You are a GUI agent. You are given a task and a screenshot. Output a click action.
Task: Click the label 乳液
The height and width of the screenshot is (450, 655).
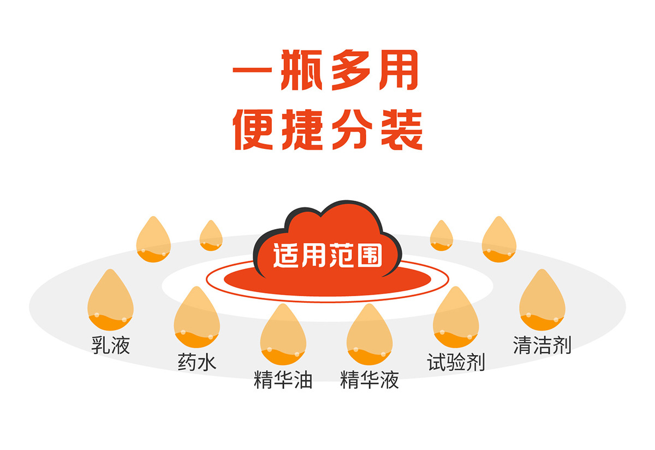point(111,345)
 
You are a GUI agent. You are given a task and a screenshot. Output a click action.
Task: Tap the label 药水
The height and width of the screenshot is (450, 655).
point(197,362)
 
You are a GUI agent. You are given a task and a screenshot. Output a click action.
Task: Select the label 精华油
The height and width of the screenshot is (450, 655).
point(283,380)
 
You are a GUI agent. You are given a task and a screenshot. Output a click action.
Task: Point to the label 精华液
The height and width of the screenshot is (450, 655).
point(370,380)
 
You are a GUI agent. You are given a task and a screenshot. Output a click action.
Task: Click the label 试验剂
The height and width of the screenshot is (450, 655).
point(456,362)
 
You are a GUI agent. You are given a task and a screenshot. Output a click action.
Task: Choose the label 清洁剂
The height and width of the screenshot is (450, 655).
point(542,345)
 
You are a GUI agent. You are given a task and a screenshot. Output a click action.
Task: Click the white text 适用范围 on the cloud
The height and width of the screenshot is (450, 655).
point(327,255)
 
